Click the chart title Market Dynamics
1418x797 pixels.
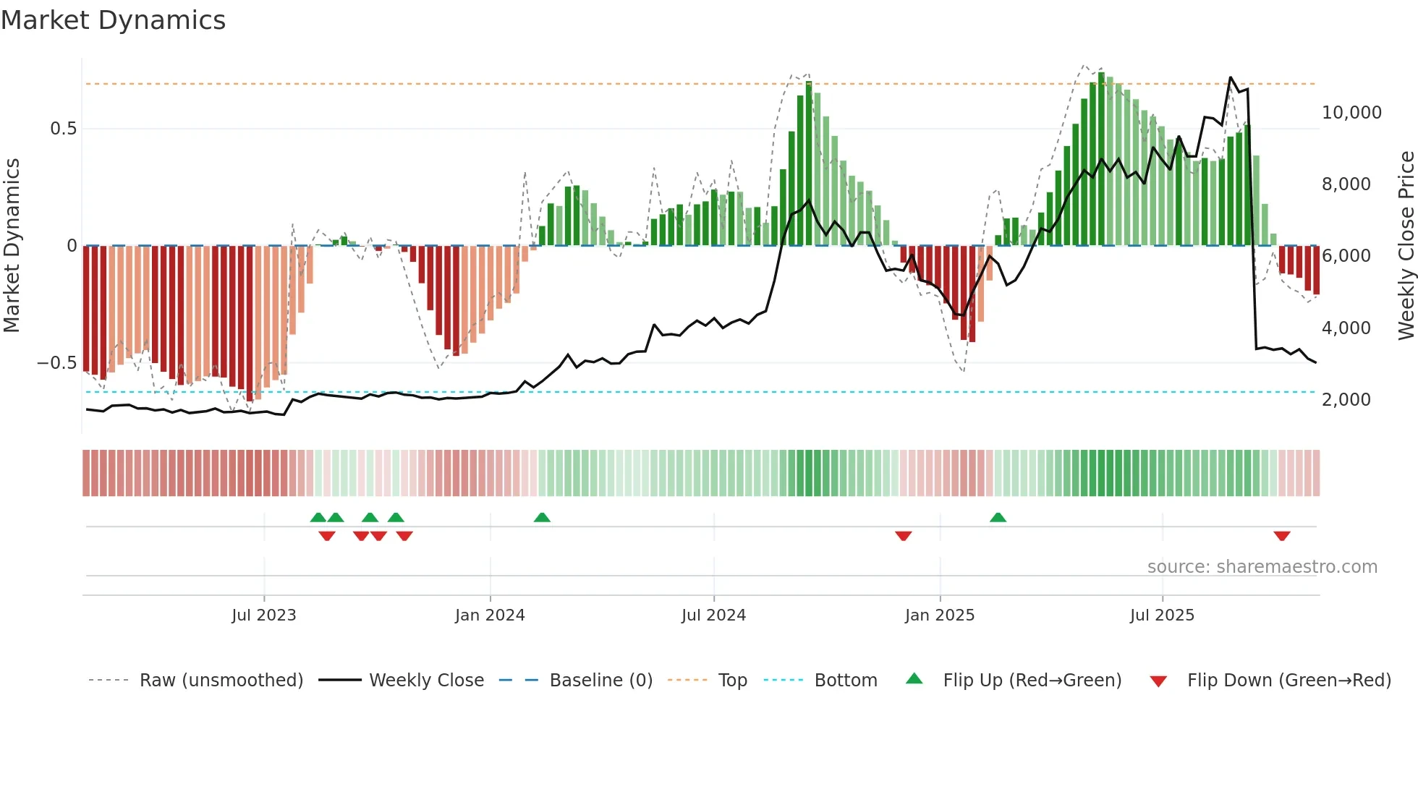coord(114,20)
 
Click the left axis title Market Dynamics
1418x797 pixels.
coord(12,245)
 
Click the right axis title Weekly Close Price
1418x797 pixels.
coord(1406,245)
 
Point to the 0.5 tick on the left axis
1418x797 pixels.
coord(63,129)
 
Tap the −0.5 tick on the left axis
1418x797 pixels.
coord(57,363)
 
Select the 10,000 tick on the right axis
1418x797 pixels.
coord(1351,113)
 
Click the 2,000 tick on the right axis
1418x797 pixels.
coord(1346,400)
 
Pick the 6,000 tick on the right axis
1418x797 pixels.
coord(1346,256)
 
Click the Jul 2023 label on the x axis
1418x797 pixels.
coord(264,615)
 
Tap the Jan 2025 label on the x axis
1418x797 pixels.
coord(939,615)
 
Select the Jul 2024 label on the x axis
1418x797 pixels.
coord(713,615)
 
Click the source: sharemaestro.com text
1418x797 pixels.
coord(1262,567)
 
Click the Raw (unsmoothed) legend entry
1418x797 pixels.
coord(221,681)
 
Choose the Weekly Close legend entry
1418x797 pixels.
coord(426,681)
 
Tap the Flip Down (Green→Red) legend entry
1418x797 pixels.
coord(1288,681)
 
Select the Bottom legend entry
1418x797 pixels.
coord(845,681)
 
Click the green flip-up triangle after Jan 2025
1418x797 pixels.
coord(998,517)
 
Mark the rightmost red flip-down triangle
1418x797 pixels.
coord(1282,536)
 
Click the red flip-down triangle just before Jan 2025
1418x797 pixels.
coord(903,536)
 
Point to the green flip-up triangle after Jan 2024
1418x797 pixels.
coord(542,517)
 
